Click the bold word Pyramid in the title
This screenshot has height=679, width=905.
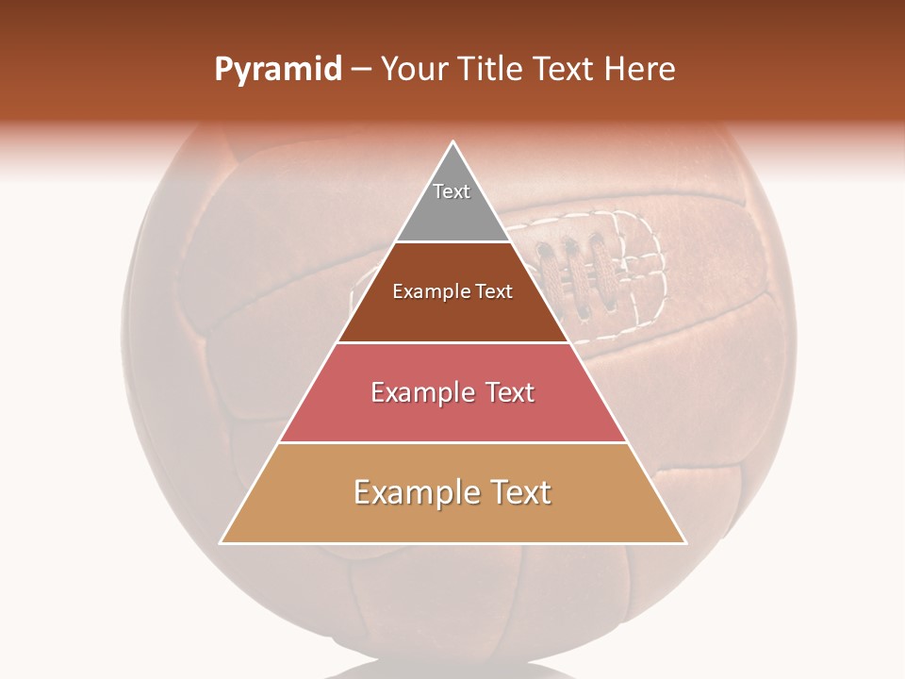tap(277, 70)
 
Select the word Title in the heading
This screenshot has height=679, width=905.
tap(492, 70)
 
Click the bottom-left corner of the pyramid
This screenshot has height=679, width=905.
tap(222, 543)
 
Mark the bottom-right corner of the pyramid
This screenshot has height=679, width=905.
tap(685, 543)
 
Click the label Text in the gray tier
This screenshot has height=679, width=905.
tap(452, 191)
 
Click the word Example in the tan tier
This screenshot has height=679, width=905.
tap(411, 492)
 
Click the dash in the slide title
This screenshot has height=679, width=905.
tap(361, 70)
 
